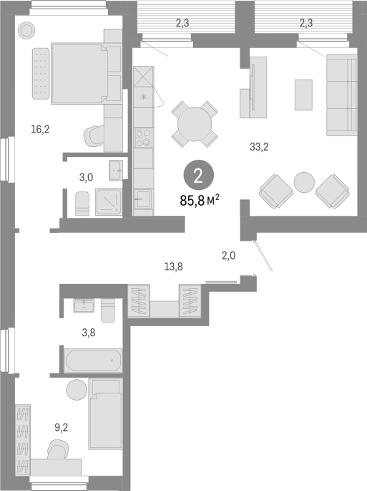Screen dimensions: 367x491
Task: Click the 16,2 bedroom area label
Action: pos(40,129)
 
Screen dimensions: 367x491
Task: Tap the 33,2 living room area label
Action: pos(259,146)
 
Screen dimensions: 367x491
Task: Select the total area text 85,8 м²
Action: pos(199,201)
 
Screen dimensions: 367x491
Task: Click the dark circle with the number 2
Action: pos(199,176)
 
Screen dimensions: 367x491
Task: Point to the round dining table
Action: pos(195,124)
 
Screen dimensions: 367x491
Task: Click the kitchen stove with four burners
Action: pos(144,138)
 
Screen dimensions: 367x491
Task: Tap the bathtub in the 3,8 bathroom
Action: pos(93,361)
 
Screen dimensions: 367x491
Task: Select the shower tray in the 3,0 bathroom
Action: pos(109,202)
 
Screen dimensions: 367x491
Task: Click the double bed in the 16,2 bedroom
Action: pos(79,74)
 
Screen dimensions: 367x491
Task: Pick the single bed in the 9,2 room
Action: pos(105,414)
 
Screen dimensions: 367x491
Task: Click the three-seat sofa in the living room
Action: pos(342,95)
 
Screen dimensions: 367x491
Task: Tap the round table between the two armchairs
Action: pos(304,183)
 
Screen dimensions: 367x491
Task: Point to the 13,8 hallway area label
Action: pos(174,267)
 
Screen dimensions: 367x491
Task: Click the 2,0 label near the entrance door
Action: pos(228,256)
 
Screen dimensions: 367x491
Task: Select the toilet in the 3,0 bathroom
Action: pos(82,204)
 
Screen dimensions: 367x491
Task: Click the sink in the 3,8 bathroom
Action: pos(84,305)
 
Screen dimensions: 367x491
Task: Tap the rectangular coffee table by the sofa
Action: pos(303,95)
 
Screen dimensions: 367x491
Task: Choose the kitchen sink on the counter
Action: pos(143,199)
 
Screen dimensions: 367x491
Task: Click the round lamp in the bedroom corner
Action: pos(26,30)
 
